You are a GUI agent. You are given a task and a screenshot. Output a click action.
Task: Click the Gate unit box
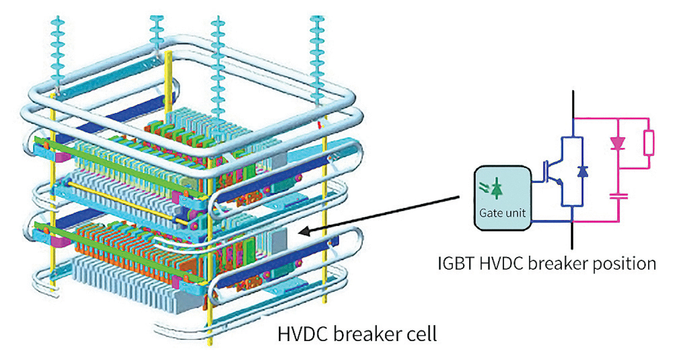point(503,198)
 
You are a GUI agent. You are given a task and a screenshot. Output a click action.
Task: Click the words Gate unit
point(502,214)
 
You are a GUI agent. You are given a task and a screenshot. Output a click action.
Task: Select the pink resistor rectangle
point(649,143)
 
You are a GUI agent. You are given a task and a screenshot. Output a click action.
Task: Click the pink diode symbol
point(618,144)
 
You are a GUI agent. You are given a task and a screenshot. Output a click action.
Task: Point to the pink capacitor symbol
point(618,195)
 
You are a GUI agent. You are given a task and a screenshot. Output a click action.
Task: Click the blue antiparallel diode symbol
point(582,172)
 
